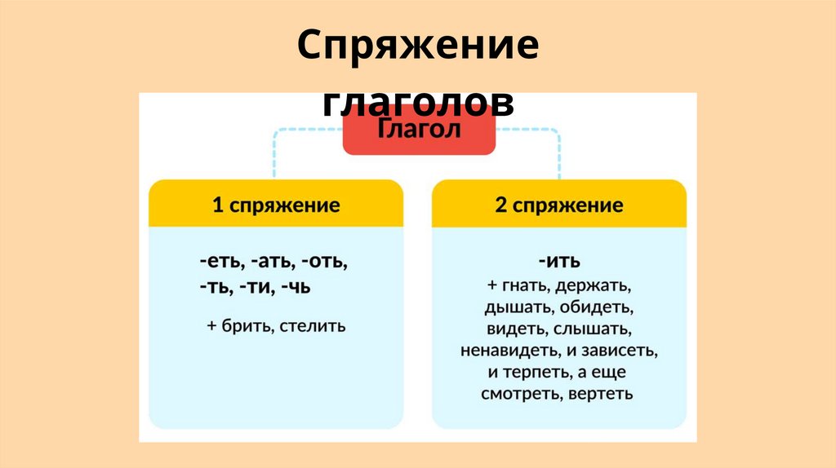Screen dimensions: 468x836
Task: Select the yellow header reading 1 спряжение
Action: click(x=276, y=204)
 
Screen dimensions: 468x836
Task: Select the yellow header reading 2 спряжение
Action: click(x=559, y=204)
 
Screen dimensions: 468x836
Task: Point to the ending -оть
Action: click(x=325, y=263)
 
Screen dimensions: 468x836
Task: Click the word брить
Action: click(x=245, y=326)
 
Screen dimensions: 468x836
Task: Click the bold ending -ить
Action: click(x=559, y=263)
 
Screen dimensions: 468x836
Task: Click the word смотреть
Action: click(x=517, y=394)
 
